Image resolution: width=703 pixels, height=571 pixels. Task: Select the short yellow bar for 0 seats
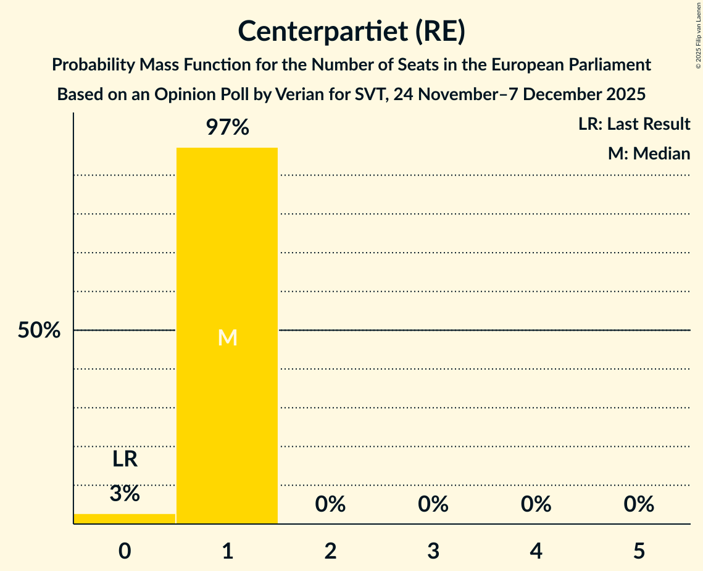(x=125, y=518)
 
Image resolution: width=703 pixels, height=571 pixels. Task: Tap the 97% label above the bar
(x=227, y=128)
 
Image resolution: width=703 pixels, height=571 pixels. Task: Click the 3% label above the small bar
(x=125, y=494)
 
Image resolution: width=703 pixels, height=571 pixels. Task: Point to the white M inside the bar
(x=227, y=337)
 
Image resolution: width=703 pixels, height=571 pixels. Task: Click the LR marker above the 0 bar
(x=125, y=459)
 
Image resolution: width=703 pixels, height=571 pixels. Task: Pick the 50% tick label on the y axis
(x=39, y=331)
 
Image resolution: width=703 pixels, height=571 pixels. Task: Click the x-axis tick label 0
(x=125, y=550)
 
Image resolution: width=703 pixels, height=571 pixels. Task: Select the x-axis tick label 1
(x=227, y=550)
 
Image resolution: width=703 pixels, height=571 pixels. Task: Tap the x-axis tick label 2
(x=330, y=550)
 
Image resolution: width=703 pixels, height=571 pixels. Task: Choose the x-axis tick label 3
(x=433, y=550)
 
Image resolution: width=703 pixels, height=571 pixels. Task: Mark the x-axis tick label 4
(x=536, y=550)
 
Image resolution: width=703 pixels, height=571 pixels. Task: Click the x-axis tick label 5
(x=639, y=550)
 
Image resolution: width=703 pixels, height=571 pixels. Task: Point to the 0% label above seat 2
(x=330, y=504)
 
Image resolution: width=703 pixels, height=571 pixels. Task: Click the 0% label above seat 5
(x=639, y=504)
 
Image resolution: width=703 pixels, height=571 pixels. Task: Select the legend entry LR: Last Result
(x=634, y=124)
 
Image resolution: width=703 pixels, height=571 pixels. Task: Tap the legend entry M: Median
(x=649, y=153)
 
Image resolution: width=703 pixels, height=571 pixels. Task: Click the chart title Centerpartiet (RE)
(x=351, y=31)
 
